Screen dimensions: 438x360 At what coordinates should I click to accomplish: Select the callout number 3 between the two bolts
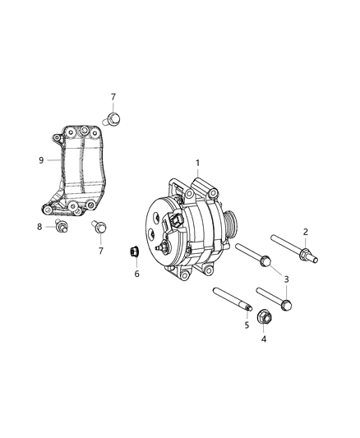pyautogui.click(x=286, y=280)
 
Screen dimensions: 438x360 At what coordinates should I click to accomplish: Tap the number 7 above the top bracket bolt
pyautogui.click(x=113, y=97)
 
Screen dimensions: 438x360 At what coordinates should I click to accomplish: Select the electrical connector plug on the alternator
pyautogui.click(x=175, y=224)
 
